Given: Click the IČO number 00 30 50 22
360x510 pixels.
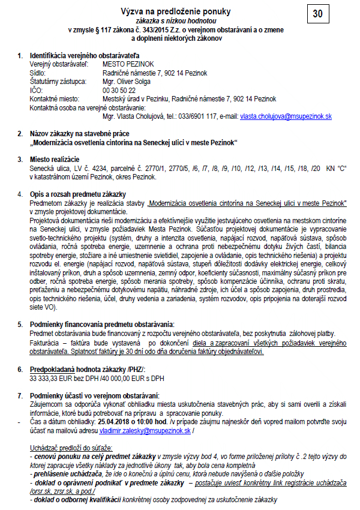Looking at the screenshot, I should coord(119,89).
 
